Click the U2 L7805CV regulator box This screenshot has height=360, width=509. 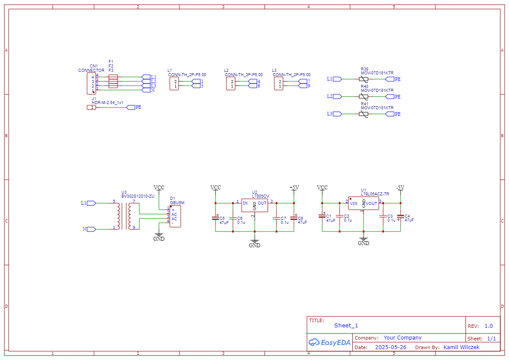254,205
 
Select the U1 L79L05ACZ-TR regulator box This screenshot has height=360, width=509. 363,203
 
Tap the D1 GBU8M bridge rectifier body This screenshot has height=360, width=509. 175,216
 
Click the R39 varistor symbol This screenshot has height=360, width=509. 364,79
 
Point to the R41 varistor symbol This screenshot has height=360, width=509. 364,114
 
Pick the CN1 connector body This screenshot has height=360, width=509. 91,84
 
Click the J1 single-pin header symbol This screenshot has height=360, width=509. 91,108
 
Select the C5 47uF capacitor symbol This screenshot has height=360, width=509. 215,218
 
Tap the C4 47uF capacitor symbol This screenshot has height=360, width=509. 400,217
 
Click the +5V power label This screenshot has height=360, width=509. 294,188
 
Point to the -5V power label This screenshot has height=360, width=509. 400,188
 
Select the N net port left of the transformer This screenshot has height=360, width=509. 89,229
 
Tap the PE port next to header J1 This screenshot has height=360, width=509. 134,108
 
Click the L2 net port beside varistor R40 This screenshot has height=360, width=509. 334,96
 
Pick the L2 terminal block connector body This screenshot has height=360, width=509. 230,84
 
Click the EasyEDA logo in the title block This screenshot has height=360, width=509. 329,342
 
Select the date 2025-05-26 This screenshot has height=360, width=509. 391,347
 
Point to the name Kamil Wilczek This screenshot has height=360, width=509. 461,347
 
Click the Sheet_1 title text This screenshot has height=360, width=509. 346,326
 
